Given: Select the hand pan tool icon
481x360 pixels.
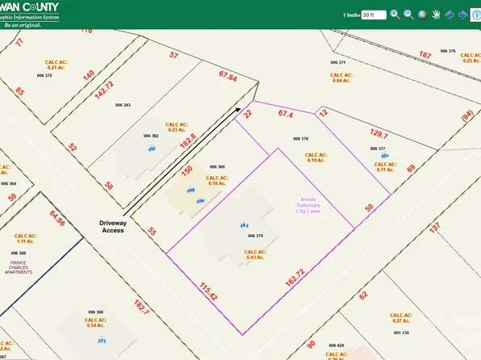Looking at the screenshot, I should [436, 14].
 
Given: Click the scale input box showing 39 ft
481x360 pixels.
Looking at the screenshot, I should [374, 15].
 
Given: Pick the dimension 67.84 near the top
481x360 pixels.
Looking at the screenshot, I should [228, 77].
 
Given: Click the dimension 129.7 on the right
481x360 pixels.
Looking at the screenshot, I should [355, 136].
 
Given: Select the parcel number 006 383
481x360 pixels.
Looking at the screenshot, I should [123, 105].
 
